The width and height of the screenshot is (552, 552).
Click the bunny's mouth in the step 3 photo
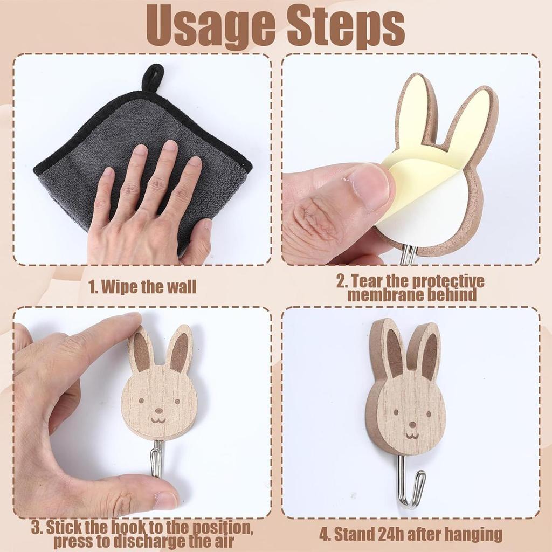157,419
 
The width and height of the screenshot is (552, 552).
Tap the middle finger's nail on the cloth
170,147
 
